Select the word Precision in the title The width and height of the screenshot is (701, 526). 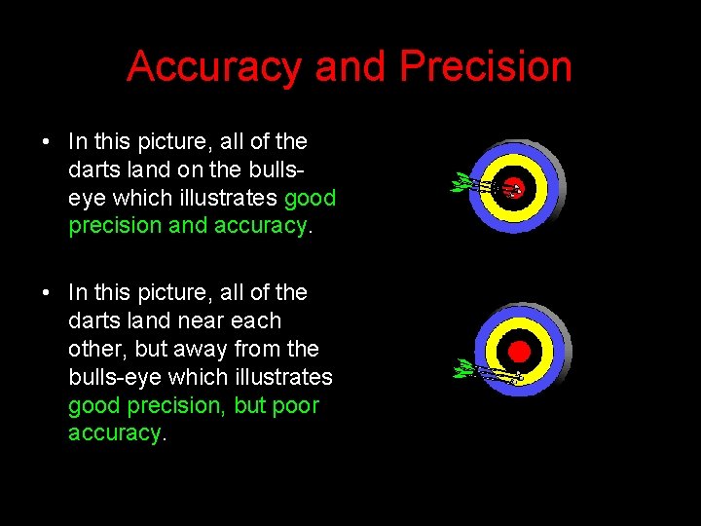click(x=486, y=67)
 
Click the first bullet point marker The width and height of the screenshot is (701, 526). click(x=48, y=142)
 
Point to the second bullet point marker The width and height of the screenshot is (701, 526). click(x=48, y=293)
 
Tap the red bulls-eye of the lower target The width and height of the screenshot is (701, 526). click(x=519, y=350)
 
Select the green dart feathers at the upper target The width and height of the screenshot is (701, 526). click(x=460, y=182)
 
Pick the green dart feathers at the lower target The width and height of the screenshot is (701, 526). click(x=465, y=368)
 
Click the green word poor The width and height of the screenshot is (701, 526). click(x=296, y=405)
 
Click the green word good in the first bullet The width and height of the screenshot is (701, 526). click(x=310, y=199)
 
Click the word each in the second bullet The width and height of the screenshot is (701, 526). click(x=254, y=320)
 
